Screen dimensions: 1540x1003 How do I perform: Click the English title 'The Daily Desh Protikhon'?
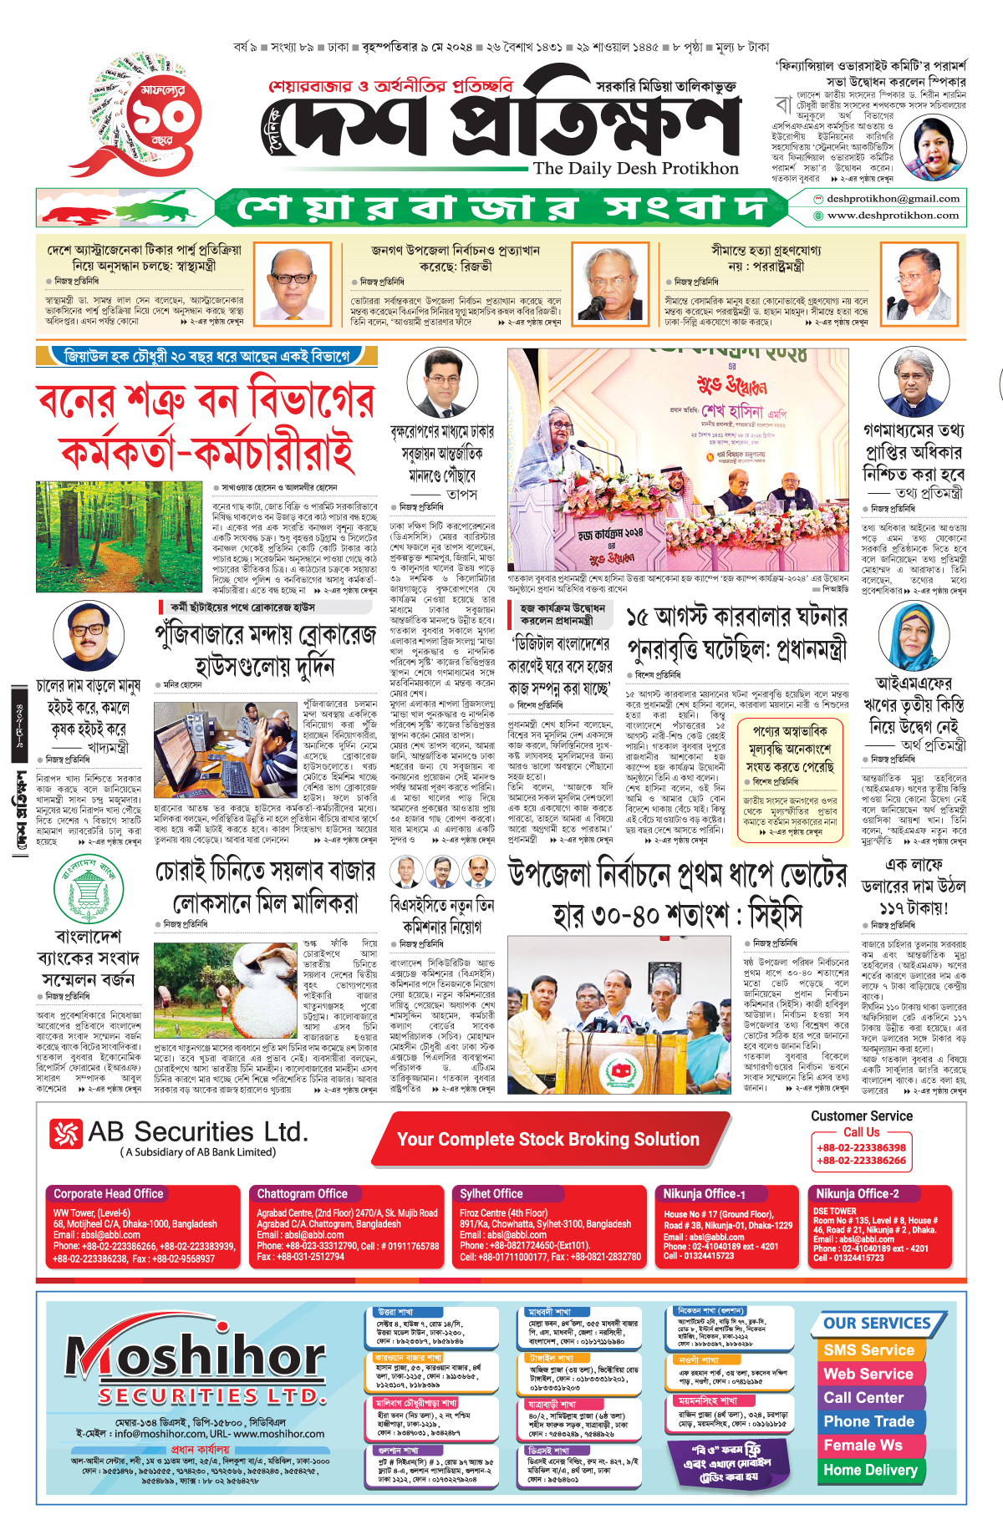point(635,169)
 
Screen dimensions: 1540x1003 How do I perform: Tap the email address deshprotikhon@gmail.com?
point(893,199)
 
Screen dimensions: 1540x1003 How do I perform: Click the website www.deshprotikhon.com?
point(893,216)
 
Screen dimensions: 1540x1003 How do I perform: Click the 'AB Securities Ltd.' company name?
point(197,1132)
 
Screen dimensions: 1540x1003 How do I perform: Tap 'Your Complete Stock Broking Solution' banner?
point(547,1140)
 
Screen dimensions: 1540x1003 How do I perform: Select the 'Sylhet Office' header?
point(491,1194)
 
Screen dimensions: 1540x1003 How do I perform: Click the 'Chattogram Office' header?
point(302,1194)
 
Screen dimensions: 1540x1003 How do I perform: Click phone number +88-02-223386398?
point(861,1148)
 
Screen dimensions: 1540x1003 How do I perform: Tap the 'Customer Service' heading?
point(861,1116)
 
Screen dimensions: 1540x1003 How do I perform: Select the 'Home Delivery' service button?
point(870,1470)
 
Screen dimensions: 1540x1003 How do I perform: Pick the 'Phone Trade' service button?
point(868,1421)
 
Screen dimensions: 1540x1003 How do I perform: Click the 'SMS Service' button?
point(868,1350)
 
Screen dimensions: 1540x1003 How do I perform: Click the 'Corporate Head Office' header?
point(109,1194)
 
